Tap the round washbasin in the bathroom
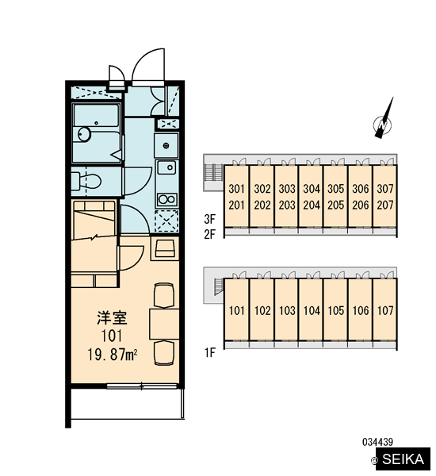pos(84,134)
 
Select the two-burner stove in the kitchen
pos(166,199)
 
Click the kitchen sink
pos(166,167)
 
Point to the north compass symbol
pos(384,119)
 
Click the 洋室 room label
pos(113,317)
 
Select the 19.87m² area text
pos(113,355)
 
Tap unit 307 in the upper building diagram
pos(385,189)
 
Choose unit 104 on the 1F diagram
pos(312,310)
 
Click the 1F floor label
pos(209,353)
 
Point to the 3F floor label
pos(209,219)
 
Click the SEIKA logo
pos(403,459)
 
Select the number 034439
pos(378,442)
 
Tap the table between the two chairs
pos(164,324)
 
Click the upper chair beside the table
pos(164,296)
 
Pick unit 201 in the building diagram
pos(237,205)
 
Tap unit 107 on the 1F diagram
pos(385,310)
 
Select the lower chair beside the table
pos(164,352)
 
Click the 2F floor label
pos(209,234)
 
